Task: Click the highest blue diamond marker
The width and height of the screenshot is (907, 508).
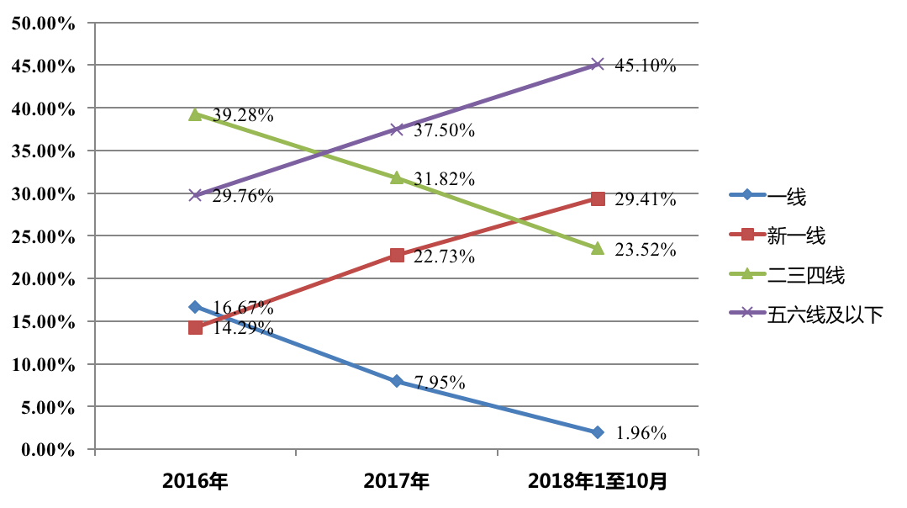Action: (195, 307)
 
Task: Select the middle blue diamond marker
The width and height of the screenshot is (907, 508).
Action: (396, 381)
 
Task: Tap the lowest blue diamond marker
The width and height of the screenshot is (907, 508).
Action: (597, 432)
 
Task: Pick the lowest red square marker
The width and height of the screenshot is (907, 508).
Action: (195, 327)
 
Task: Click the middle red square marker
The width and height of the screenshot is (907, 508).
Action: (397, 255)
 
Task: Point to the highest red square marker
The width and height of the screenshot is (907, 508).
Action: (598, 198)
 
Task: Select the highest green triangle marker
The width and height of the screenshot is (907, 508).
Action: (195, 114)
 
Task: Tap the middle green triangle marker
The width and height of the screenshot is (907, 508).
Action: (396, 177)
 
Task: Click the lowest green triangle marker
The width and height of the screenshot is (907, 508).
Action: (597, 248)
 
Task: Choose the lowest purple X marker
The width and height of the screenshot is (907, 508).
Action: (195, 194)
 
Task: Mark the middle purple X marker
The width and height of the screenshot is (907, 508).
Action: (397, 129)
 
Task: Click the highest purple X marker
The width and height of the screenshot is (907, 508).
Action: (597, 64)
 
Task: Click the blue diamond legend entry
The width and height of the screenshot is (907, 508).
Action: (746, 194)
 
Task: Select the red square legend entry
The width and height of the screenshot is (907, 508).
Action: (746, 234)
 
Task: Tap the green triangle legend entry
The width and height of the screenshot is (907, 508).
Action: (746, 273)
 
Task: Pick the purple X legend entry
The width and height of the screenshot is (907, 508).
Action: (746, 312)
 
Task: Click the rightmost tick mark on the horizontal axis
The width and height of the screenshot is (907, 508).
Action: (698, 452)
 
